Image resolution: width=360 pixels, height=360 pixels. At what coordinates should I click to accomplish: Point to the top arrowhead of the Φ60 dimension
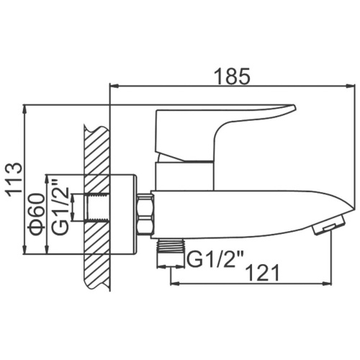click(x=48, y=177)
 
